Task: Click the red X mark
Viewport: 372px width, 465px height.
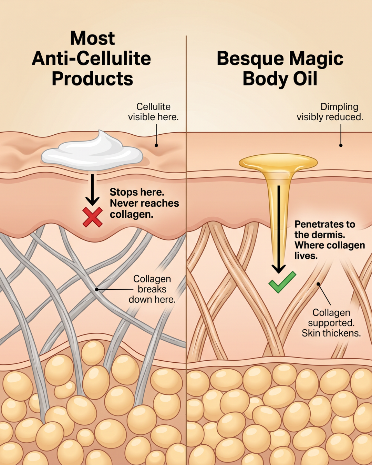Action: tap(93, 217)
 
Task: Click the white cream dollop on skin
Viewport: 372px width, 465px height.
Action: tap(92, 150)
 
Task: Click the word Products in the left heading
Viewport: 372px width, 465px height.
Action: tap(92, 79)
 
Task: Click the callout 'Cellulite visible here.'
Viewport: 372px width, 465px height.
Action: tap(153, 112)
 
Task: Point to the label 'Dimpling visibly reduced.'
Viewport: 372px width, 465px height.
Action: tap(330, 112)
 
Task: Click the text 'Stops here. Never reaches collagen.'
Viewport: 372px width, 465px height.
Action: tap(144, 203)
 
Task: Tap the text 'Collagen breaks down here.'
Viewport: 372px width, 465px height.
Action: tap(152, 289)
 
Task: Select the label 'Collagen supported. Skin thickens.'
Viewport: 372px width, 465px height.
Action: tap(331, 323)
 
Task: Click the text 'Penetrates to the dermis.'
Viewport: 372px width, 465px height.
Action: tap(325, 229)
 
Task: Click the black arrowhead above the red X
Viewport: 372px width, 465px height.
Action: tap(93, 201)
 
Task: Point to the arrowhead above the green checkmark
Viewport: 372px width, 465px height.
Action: tap(279, 269)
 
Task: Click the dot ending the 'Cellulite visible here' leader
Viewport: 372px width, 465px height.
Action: tap(156, 145)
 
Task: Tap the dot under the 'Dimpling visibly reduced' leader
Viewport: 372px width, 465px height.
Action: tap(341, 145)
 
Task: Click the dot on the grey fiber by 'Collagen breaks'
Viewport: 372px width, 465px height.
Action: tap(97, 289)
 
